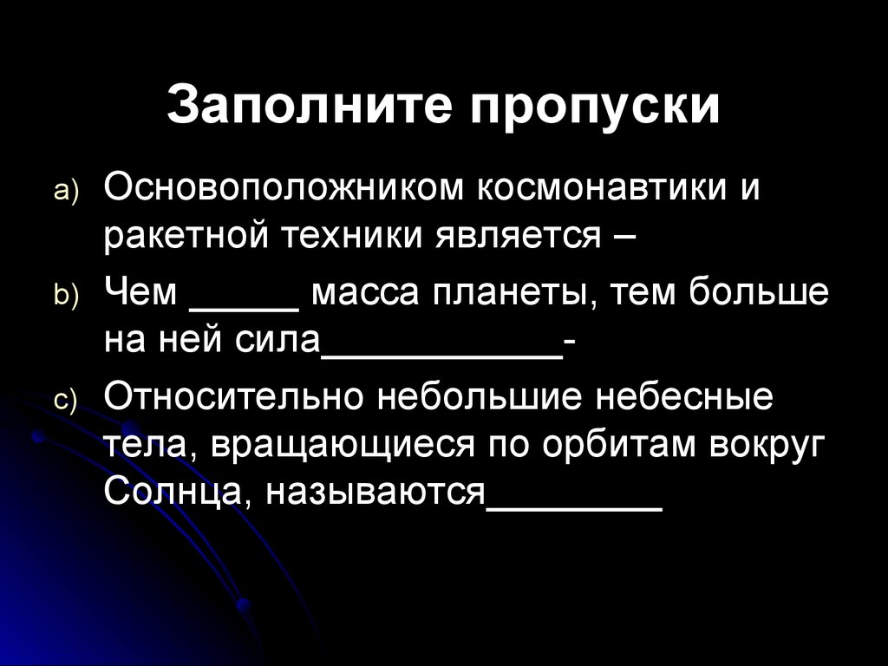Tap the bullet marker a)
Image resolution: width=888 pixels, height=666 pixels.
68,192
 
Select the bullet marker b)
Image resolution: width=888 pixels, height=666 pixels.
68,297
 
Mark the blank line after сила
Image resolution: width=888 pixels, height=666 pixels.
441,356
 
